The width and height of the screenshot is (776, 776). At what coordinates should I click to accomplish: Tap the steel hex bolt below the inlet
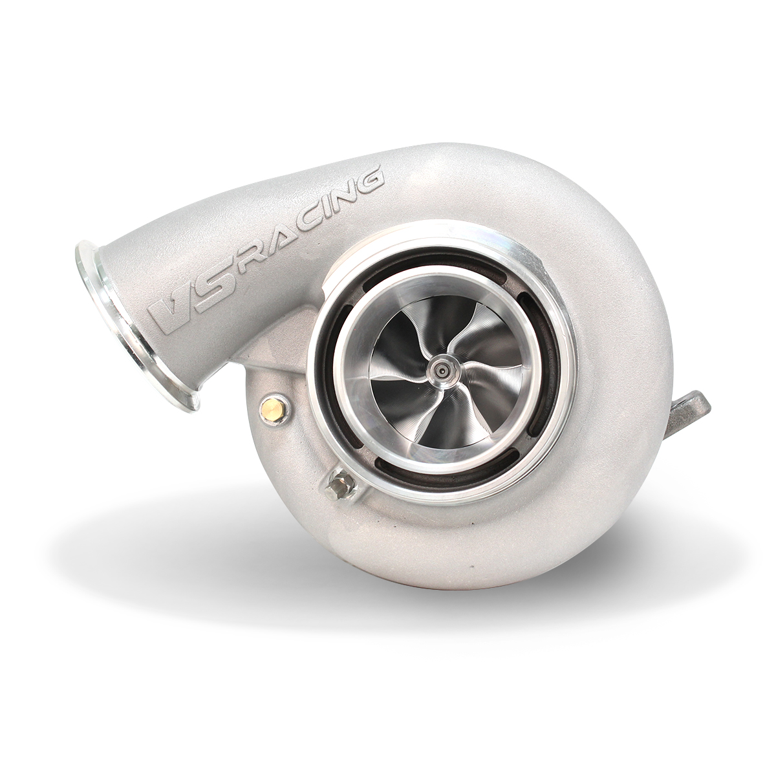point(338,484)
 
